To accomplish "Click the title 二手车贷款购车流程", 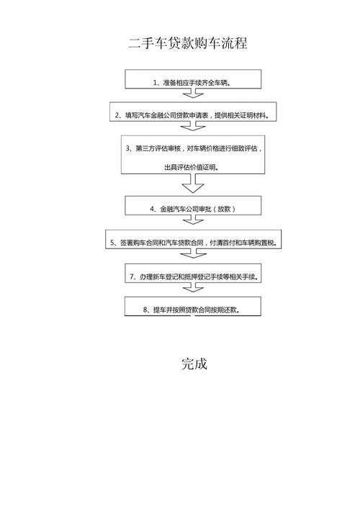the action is (188, 43).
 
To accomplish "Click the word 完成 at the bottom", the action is (194, 364).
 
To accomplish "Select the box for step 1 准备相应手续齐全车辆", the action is (193, 79).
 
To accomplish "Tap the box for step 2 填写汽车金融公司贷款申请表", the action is (193, 112).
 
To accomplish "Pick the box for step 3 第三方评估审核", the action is (193, 155).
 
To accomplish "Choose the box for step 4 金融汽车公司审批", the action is (193, 205).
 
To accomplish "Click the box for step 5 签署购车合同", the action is (193, 239).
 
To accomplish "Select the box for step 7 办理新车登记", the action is (193, 273).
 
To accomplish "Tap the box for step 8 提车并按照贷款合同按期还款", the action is (193, 306).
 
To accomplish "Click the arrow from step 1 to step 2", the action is (193, 93).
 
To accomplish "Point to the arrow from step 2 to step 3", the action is (193, 126).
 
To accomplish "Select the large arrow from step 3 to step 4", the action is (193, 184).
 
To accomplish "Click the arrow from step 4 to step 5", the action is (193, 220).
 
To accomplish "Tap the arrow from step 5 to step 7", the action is (193, 253).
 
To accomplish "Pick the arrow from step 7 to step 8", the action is (193, 287).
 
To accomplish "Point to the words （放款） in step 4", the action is (224, 209).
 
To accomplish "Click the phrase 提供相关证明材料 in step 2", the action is (241, 115).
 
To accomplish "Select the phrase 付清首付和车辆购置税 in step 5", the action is (243, 243).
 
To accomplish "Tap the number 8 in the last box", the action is (145, 310).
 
